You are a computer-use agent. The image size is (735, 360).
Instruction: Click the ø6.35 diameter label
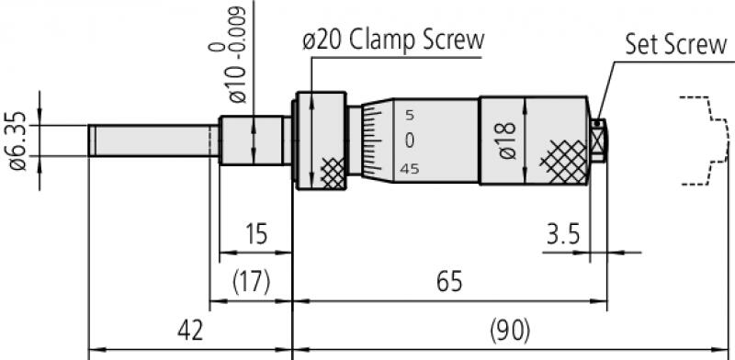18,141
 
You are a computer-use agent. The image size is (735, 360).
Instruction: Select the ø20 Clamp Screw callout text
393,41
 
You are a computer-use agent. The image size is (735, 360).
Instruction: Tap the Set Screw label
676,45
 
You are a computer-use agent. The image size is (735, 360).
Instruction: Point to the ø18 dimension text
507,141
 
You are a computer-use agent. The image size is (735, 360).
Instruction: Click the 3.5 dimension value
563,234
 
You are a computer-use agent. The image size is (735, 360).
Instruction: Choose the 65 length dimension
449,282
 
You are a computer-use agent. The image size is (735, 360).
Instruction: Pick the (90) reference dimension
510,331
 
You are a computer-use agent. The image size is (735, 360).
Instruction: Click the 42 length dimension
190,331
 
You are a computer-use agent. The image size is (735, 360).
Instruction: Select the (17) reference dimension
252,282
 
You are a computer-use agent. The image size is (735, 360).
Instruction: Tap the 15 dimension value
256,234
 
